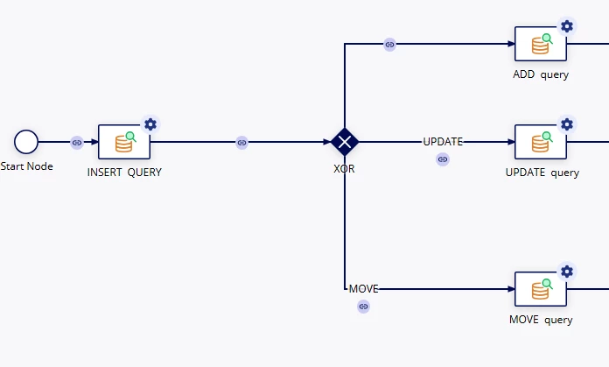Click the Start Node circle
(26, 142)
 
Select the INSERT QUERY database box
(124, 142)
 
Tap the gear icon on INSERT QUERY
(150, 124)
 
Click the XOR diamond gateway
(345, 142)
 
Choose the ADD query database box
(541, 44)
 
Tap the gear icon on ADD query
(567, 26)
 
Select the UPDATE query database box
(541, 142)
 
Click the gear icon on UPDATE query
(567, 124)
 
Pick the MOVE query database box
(541, 289)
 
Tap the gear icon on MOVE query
(567, 272)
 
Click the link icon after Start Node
(77, 143)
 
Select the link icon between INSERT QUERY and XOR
(241, 143)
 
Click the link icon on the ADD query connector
(389, 45)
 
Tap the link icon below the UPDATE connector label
(443, 159)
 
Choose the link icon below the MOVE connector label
(363, 307)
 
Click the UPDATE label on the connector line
(443, 142)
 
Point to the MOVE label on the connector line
(363, 289)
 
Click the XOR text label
(344, 169)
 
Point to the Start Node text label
(26, 166)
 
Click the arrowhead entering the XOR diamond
(327, 142)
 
